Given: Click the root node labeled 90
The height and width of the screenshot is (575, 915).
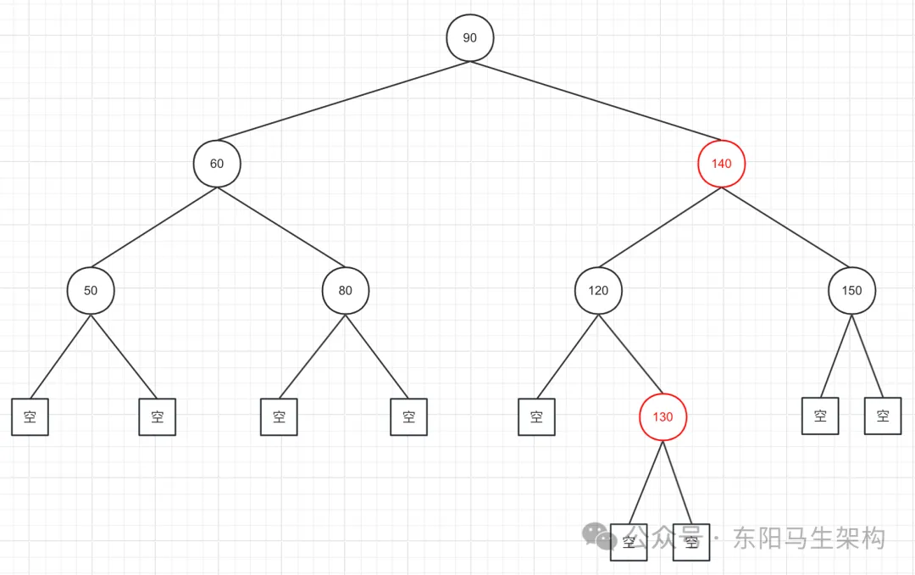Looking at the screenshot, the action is [469, 38].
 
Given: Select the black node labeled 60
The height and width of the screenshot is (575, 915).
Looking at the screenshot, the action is [217, 163].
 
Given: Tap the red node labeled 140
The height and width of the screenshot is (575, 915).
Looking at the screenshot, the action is [721, 163].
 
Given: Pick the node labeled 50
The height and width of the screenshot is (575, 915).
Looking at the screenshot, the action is [91, 290].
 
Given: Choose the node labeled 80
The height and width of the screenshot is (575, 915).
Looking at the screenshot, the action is [345, 290].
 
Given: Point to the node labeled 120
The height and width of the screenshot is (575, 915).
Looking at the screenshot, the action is [598, 290].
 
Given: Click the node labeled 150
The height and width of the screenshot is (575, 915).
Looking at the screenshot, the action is [851, 290].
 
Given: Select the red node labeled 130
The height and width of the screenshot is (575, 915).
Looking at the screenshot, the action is [662, 417].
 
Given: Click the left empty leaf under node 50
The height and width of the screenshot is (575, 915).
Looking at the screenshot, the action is [30, 417].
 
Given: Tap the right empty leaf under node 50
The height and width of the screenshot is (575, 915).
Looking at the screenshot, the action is [157, 417].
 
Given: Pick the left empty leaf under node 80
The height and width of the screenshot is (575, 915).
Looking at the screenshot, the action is [279, 417].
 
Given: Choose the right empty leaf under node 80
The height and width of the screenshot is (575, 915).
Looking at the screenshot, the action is [409, 417].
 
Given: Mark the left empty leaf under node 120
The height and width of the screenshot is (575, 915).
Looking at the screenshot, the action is [536, 417].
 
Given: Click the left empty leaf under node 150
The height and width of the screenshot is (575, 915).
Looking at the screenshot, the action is [820, 416].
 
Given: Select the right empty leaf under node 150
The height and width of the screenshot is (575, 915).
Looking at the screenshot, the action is [883, 416].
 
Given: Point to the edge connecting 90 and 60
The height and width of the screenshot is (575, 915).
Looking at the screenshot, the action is [343, 100].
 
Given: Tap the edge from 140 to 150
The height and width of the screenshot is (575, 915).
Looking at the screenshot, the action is [786, 226].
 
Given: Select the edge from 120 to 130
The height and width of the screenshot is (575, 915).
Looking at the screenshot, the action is [630, 354].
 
